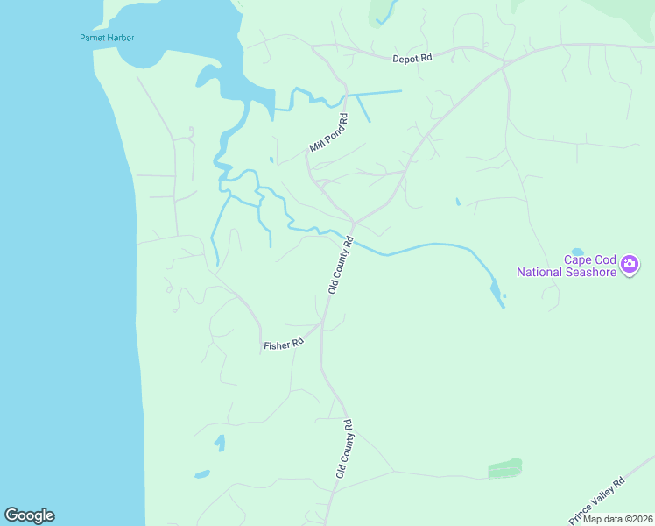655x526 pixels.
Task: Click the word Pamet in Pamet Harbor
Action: (91, 38)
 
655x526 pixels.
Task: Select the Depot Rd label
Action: (412, 58)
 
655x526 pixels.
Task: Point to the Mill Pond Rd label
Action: (328, 133)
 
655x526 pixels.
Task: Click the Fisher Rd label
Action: (283, 345)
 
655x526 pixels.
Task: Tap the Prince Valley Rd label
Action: (596, 500)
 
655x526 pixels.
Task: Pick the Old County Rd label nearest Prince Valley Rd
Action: (342, 448)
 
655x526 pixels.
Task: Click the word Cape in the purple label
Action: (578, 259)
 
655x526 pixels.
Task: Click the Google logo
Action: (29, 515)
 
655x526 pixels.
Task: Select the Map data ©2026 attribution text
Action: (617, 519)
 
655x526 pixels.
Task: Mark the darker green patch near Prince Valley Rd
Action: (504, 468)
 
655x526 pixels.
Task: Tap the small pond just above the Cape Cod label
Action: (577, 251)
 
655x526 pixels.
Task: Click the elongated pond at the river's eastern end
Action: (496, 290)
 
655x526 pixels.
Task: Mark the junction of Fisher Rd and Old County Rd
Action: (322, 323)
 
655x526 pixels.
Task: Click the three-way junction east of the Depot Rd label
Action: (504, 61)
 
